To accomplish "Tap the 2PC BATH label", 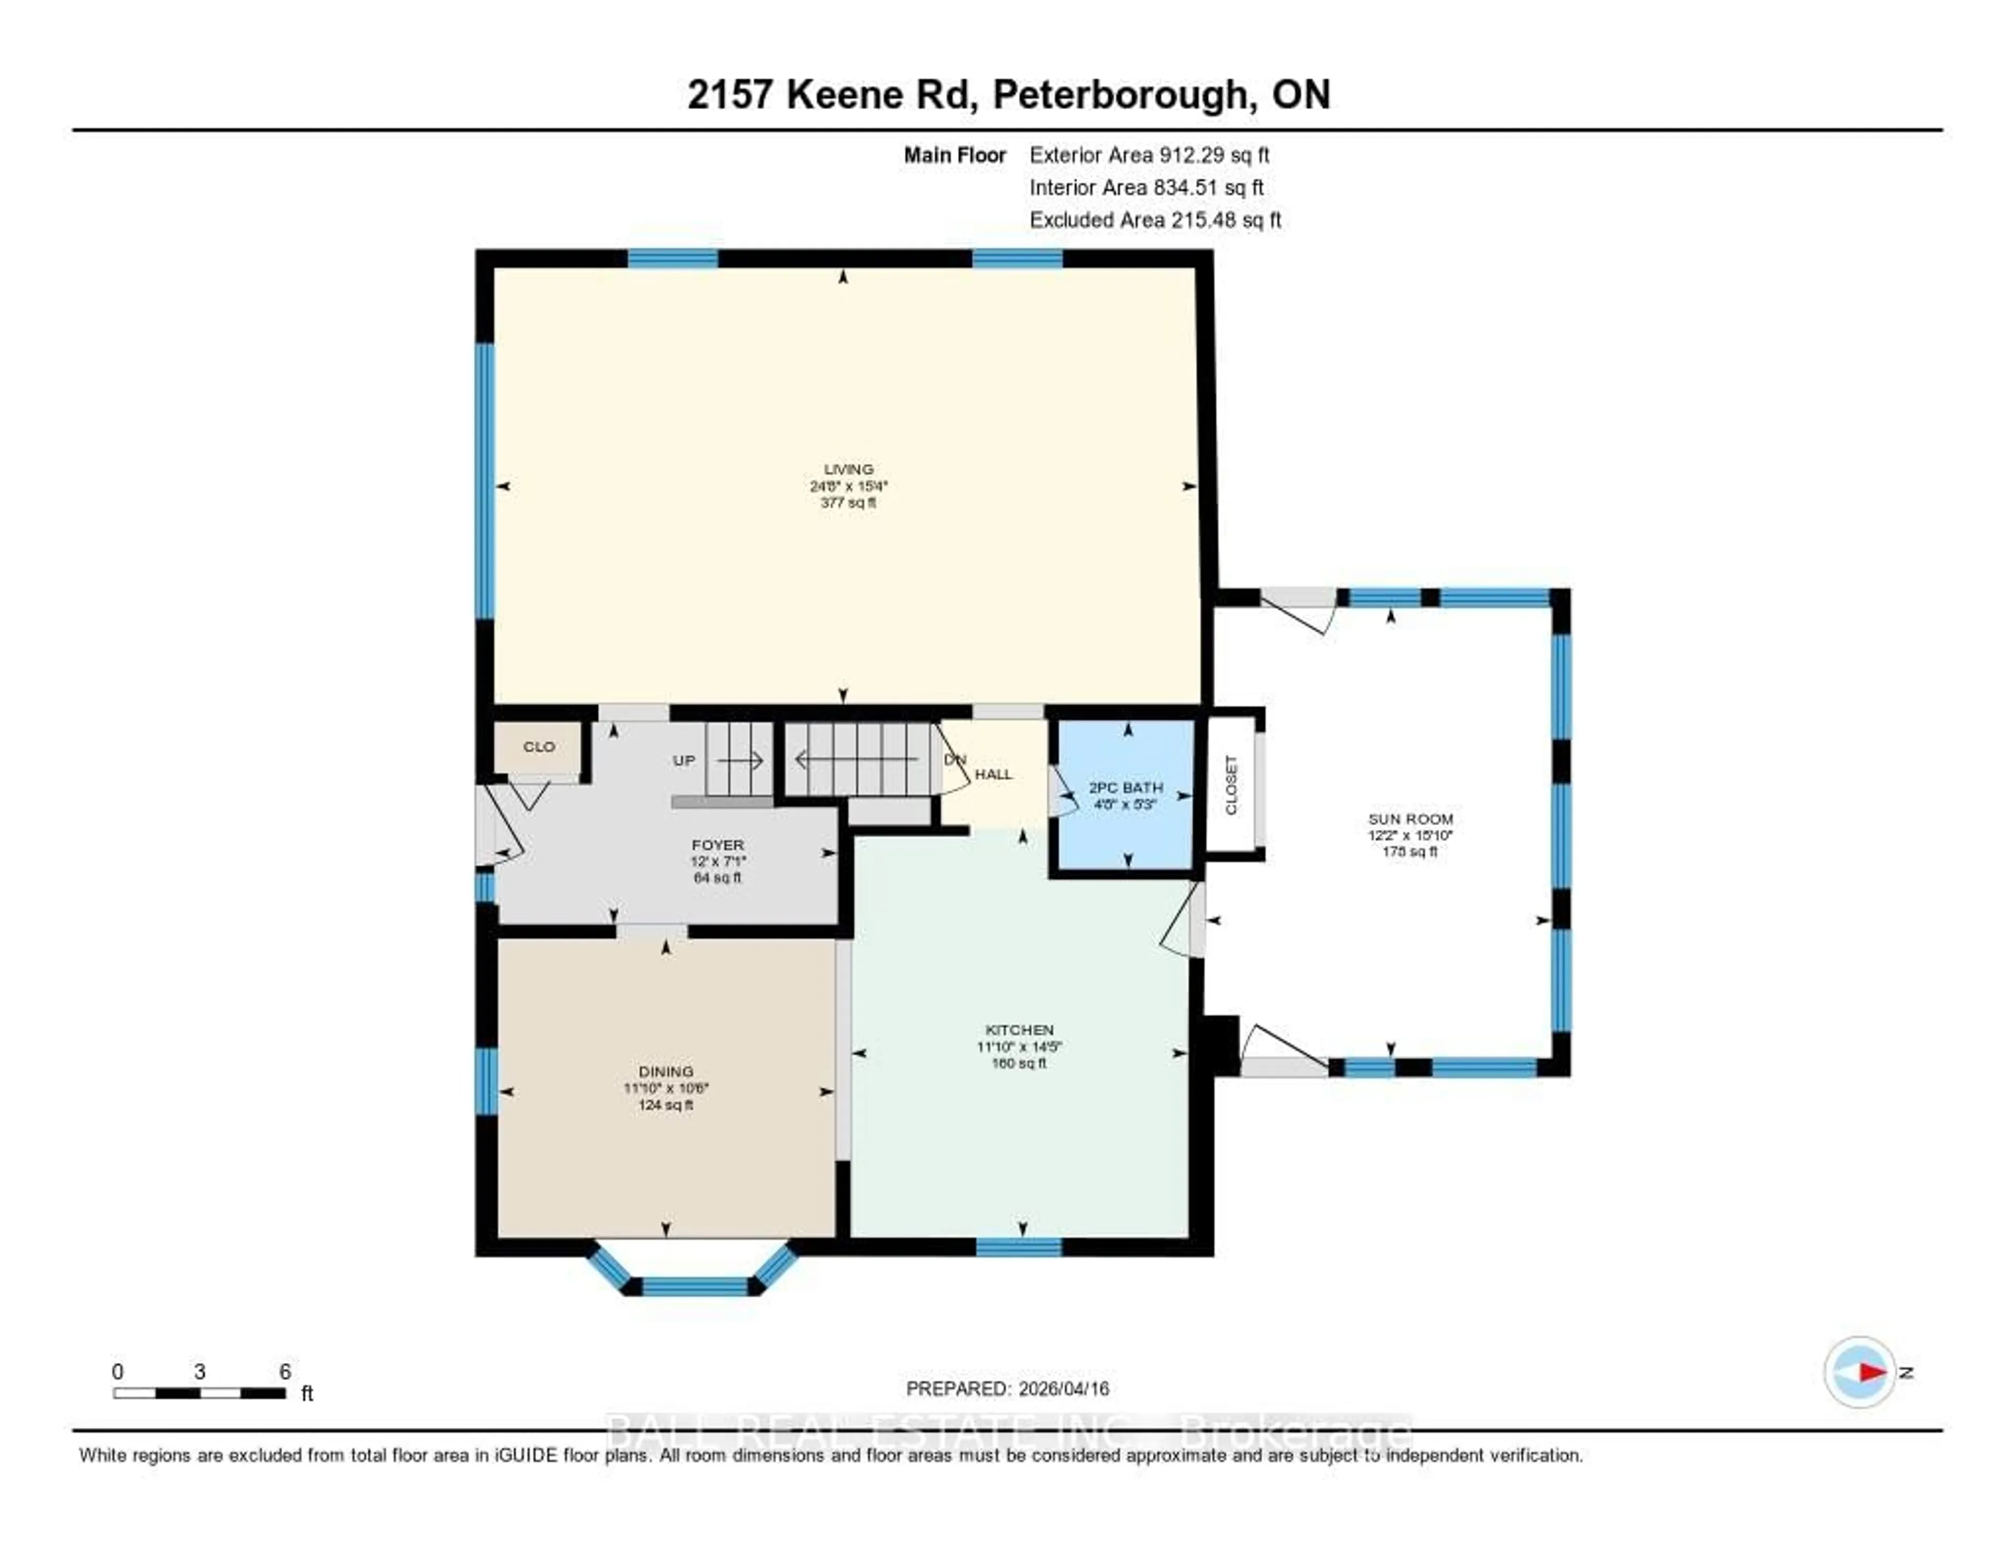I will [1126, 787].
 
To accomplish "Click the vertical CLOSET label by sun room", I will [1231, 785].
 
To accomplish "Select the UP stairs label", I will [684, 761].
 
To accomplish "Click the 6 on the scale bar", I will [285, 1371].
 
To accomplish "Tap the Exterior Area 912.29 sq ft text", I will [1149, 155].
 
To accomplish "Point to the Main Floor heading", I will [954, 155].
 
